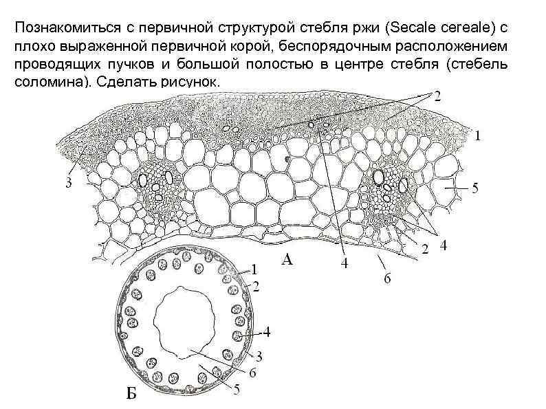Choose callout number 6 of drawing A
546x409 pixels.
tap(387, 278)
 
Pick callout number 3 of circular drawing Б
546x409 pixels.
tap(259, 356)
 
